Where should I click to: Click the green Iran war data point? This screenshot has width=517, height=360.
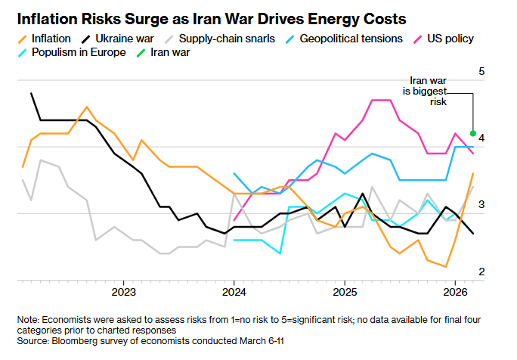pyautogui.click(x=473, y=132)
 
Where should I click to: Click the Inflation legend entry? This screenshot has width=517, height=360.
pyautogui.click(x=46, y=38)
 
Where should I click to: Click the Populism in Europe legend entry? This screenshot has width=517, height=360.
pyautogui.click(x=71, y=53)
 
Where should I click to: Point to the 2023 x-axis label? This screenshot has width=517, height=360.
pyautogui.click(x=123, y=292)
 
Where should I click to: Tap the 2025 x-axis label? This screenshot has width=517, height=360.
pyautogui.click(x=345, y=292)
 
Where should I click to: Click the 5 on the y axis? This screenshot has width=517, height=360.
pyautogui.click(x=481, y=71)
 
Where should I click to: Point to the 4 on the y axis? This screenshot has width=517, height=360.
pyautogui.click(x=481, y=138)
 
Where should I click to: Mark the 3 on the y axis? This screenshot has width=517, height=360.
pyautogui.click(x=481, y=205)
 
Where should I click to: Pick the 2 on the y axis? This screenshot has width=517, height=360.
pyautogui.click(x=481, y=272)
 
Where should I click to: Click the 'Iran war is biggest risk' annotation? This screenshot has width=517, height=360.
pyautogui.click(x=428, y=90)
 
